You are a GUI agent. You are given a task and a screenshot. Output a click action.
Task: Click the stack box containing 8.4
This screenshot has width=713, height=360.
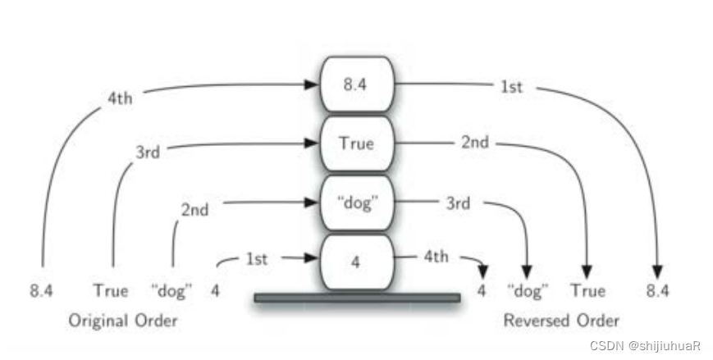(356, 84)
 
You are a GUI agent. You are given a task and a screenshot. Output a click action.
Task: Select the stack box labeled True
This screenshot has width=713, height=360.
(356, 143)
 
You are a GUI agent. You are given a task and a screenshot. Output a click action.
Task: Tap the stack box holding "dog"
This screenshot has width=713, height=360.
(356, 203)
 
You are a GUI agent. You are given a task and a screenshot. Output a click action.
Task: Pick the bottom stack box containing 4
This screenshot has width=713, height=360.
(356, 262)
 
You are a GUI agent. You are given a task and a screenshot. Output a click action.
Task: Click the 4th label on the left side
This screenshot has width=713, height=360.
(120, 98)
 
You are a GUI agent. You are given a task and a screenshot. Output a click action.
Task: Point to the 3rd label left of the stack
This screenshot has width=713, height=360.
(148, 153)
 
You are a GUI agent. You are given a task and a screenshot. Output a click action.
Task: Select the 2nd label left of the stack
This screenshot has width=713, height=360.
(194, 209)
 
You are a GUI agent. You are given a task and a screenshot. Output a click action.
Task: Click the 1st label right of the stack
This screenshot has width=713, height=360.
(511, 86)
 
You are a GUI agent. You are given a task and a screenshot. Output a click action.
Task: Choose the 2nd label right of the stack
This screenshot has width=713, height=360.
(474, 142)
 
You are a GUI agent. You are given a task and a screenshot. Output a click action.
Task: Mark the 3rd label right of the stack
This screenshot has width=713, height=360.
(457, 203)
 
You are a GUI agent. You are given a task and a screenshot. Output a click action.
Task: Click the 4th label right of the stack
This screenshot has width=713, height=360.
(436, 257)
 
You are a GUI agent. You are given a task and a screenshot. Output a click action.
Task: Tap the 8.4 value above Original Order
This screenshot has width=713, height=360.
(42, 290)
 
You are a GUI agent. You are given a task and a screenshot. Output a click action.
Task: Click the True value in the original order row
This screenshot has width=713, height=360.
(111, 290)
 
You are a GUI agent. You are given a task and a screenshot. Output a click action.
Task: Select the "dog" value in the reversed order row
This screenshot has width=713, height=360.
(528, 290)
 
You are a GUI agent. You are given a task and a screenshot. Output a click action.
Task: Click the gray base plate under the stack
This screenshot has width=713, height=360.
(357, 298)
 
